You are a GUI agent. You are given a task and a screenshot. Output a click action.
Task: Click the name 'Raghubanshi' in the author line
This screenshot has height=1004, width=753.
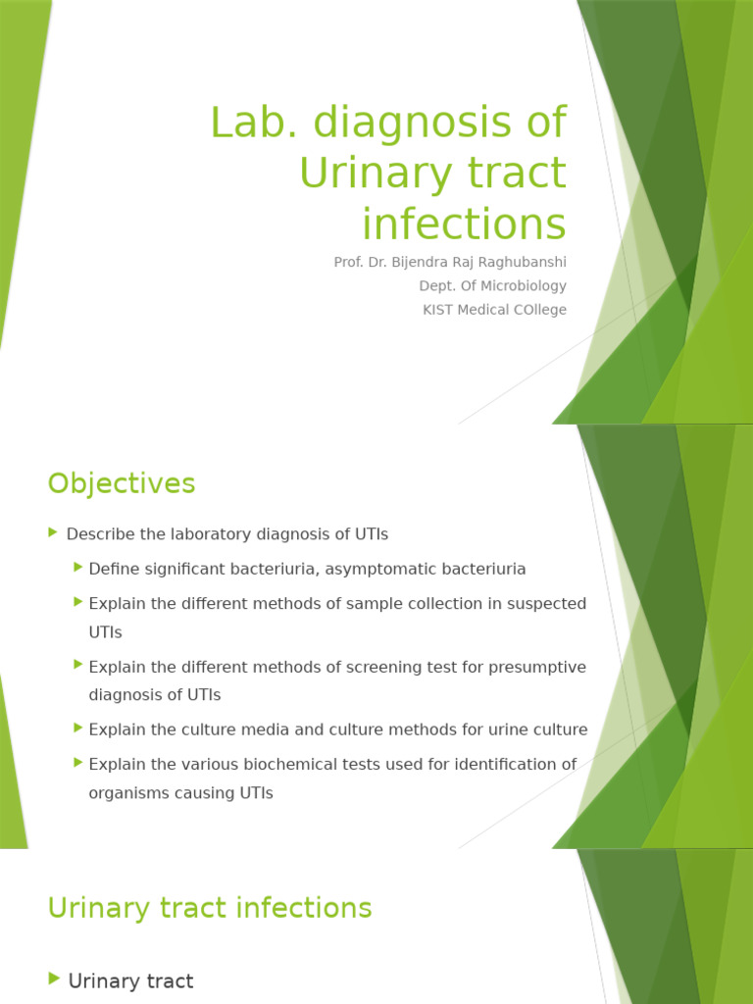click(523, 263)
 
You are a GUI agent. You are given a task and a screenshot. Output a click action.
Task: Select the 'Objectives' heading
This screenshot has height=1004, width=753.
click(122, 483)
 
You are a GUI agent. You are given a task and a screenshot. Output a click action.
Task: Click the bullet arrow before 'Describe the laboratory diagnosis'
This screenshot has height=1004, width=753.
click(53, 532)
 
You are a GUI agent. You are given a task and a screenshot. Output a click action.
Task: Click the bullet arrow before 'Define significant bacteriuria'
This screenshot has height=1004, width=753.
click(77, 568)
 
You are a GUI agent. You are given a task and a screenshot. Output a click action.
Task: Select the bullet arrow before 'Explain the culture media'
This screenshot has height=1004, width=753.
click(77, 728)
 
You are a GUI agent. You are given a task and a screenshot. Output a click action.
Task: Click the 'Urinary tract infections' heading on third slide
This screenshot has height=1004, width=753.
click(210, 908)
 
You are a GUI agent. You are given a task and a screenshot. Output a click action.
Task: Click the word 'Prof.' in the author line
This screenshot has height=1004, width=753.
click(350, 263)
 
